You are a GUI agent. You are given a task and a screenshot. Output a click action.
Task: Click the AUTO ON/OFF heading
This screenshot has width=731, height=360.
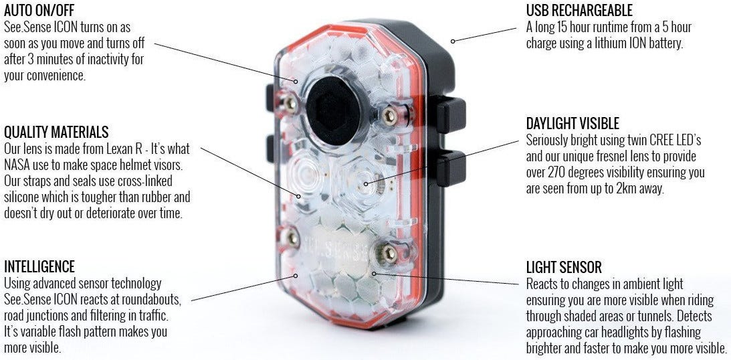pos(39,11)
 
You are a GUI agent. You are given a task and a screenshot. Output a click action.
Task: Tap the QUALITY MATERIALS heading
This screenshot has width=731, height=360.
pos(56,132)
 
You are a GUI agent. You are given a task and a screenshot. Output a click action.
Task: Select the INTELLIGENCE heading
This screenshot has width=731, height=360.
pos(39,267)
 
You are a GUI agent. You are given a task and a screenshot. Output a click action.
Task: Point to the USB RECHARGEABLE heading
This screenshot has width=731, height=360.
pos(579,11)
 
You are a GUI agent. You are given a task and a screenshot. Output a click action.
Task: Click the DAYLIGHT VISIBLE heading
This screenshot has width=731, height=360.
pos(572,124)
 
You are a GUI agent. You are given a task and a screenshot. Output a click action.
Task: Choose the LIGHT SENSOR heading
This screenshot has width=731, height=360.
pos(564,268)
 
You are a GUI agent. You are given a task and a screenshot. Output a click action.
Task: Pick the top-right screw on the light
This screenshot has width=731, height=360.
pos(390,116)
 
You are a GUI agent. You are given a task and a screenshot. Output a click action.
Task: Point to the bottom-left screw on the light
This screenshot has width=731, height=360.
pos(291,236)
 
